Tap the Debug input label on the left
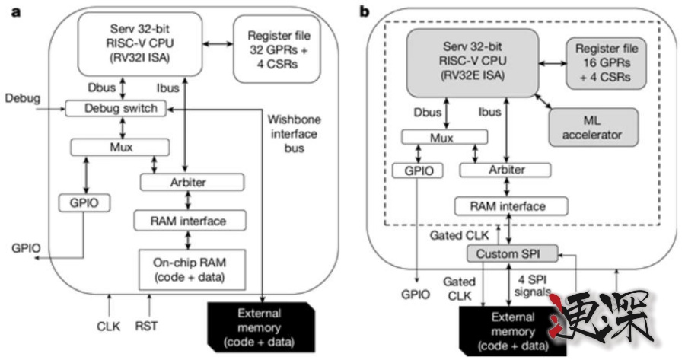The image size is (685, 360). point(20,99)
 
